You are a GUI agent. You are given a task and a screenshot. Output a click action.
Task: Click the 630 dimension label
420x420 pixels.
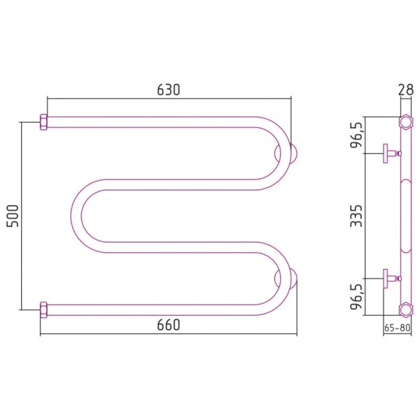click(169, 90)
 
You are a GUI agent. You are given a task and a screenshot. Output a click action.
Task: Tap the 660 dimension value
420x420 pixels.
click(169, 325)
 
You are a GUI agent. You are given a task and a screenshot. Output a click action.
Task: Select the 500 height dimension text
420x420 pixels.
click(13, 216)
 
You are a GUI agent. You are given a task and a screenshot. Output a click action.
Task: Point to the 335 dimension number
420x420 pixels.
click(356, 216)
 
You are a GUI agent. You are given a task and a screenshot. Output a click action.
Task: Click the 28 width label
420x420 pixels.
click(405, 90)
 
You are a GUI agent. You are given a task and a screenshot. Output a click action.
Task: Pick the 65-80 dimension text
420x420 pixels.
click(397, 328)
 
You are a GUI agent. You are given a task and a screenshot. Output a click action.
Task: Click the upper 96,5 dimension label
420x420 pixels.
click(356, 134)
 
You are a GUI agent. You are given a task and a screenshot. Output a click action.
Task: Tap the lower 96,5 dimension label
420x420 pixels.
click(356, 297)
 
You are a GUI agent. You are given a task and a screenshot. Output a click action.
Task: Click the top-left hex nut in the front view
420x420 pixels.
click(43, 122)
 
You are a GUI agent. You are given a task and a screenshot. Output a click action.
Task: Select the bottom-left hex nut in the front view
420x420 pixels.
click(43, 310)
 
